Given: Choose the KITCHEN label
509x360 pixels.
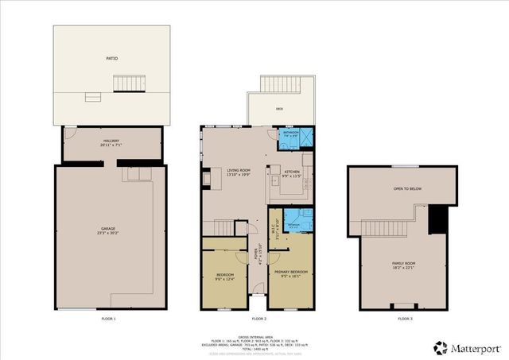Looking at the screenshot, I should click(292, 172).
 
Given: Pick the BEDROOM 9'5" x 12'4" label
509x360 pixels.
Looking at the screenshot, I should click(227, 277).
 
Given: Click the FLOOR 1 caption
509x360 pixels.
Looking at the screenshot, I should click(109, 319).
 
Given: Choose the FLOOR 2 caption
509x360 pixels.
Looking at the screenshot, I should click(258, 319).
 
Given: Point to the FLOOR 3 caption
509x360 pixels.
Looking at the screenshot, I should click(406, 319).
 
